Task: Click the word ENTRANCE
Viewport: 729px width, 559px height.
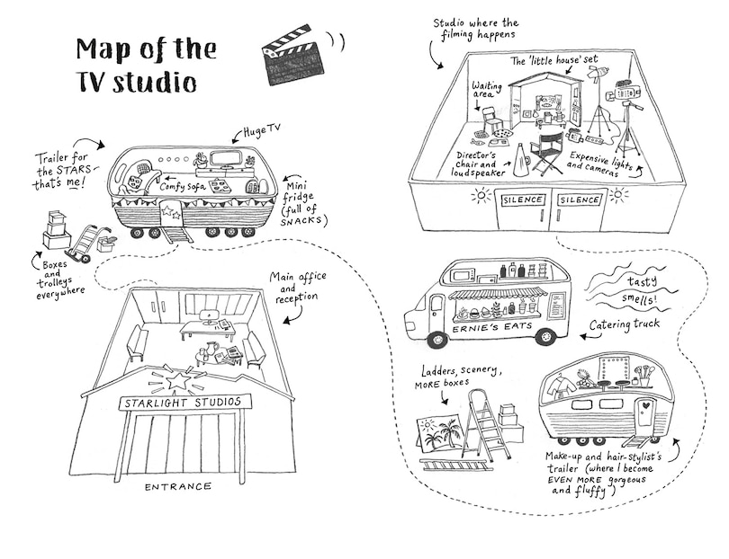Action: pyautogui.click(x=177, y=486)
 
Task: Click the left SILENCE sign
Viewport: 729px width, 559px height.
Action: pyautogui.click(x=520, y=200)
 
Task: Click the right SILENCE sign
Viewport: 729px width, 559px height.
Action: pyautogui.click(x=580, y=200)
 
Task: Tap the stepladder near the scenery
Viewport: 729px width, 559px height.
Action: pyautogui.click(x=487, y=430)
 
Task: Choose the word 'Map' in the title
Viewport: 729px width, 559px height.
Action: pyautogui.click(x=104, y=49)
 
